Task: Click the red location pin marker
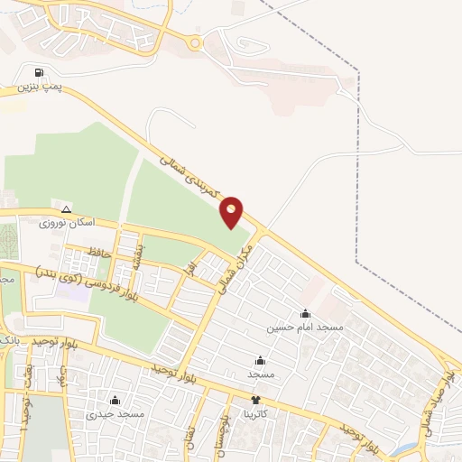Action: [232, 211]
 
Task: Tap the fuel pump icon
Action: [38, 73]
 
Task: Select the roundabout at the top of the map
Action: [194, 42]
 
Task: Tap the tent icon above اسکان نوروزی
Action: [66, 208]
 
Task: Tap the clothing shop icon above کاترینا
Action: [255, 399]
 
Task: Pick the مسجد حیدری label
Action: [115, 414]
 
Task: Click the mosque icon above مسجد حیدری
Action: [115, 401]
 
